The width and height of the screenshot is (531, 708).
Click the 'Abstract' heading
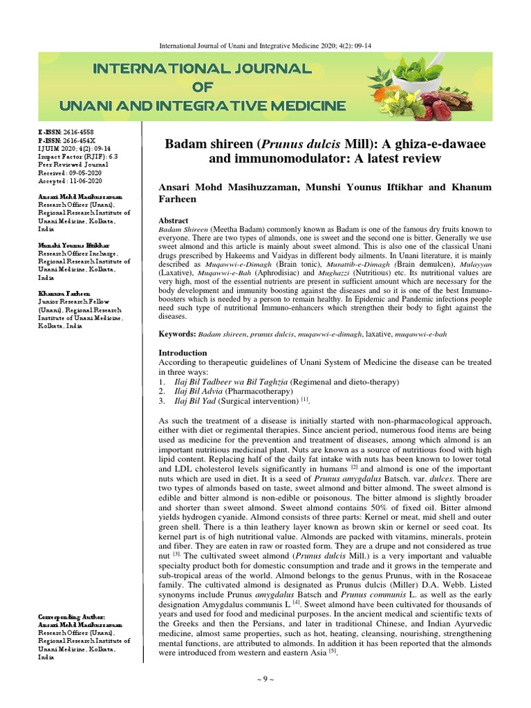click(174, 220)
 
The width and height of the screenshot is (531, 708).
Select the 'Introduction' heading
click(183, 353)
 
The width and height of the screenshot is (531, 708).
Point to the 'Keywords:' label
click(177, 334)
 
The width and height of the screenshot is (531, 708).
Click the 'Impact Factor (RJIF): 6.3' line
click(75, 156)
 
